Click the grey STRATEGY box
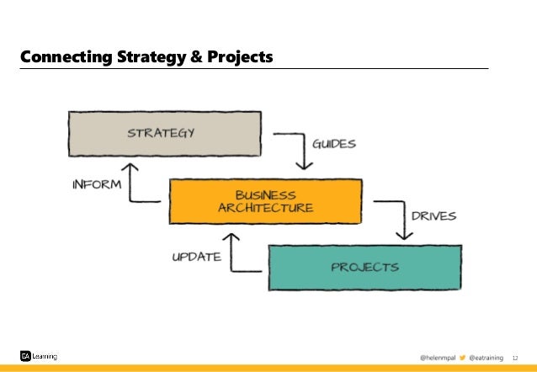pos(163,133)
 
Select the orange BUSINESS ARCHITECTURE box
pos(266,201)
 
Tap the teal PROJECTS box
pos(364,267)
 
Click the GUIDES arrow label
pos(333,143)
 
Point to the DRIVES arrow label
pos(433,215)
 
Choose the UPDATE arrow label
pos(196,256)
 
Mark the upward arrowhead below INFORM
pos(132,169)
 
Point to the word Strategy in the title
pos(153,57)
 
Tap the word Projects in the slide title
pos(241,57)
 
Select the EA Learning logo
pos(39,356)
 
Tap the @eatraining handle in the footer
pos(487,358)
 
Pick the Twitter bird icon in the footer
pos(462,358)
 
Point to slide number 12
pos(517,358)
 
